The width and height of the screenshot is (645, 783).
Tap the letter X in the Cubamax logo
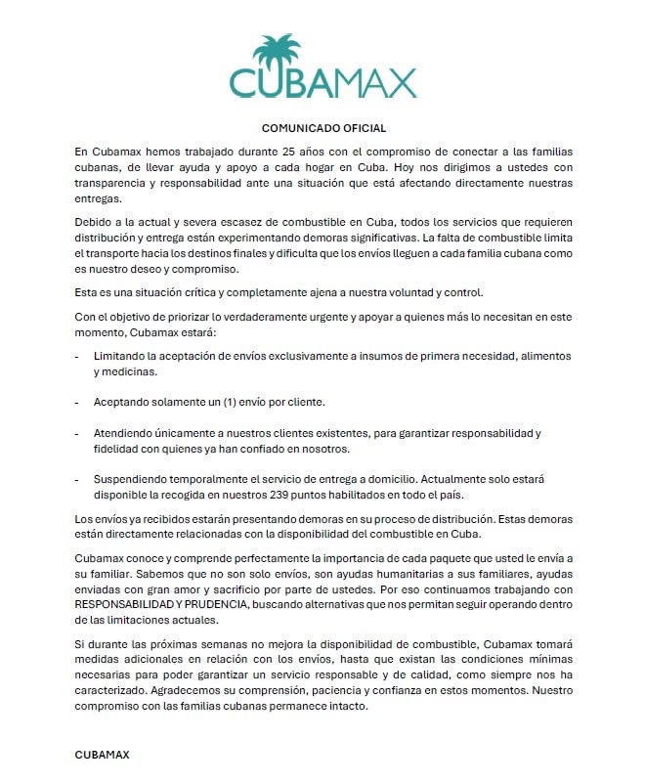(x=397, y=82)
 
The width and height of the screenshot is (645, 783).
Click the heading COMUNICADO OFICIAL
(x=324, y=128)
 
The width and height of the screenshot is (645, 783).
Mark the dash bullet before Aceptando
(x=78, y=403)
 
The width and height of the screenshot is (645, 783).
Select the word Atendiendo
(x=128, y=433)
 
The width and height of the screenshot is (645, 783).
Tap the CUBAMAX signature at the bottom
(x=102, y=756)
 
